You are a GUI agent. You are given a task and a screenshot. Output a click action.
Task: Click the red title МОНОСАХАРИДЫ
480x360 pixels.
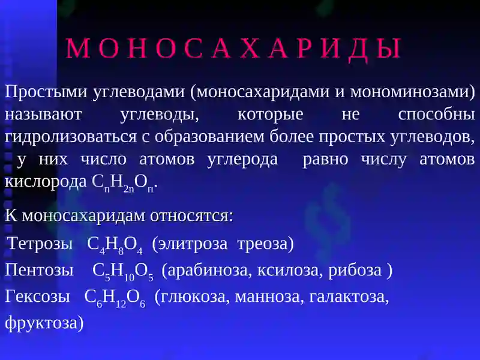coord(233,49)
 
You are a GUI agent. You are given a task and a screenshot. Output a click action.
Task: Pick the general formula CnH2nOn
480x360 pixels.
coord(125,184)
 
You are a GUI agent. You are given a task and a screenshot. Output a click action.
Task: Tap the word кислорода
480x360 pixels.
coord(46,182)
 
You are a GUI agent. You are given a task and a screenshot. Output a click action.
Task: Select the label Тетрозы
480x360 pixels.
coord(40,244)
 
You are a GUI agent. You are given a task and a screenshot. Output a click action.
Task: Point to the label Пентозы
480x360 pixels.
coord(40,271)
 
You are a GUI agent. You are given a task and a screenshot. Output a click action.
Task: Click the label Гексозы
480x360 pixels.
coord(39,297)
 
